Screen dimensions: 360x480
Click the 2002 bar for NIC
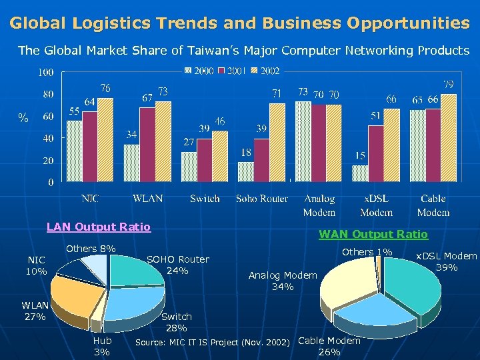click(105, 139)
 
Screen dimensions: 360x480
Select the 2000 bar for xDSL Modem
click(360, 173)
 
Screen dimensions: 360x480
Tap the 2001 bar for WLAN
click(147, 144)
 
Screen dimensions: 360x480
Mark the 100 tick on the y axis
click(46, 72)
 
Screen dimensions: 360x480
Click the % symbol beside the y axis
click(23, 118)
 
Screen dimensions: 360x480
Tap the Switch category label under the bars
click(205, 199)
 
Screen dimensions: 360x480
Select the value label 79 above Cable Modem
click(450, 85)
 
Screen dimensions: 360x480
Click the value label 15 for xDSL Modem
click(360, 155)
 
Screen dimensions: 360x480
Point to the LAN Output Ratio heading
click(99, 227)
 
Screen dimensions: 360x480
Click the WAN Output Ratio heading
click(373, 234)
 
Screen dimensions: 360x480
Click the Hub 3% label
click(102, 346)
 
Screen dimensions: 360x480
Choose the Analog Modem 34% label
click(283, 281)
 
